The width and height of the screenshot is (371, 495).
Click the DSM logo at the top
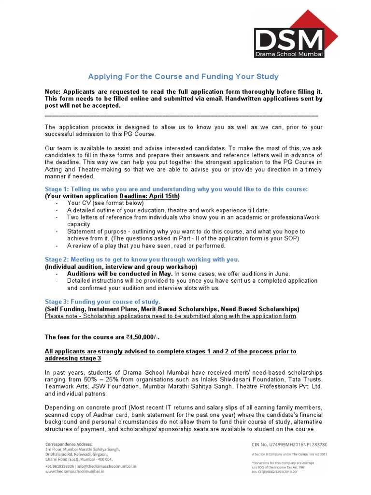289,43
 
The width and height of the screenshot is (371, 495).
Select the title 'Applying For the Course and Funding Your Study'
183,77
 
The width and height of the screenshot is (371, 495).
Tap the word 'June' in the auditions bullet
280,274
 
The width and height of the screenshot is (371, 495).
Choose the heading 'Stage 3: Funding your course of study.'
102,302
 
